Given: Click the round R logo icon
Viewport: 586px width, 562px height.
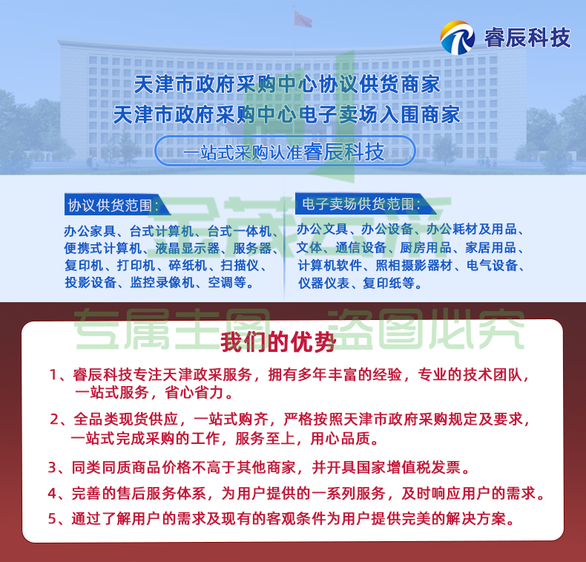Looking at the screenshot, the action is coord(458,37).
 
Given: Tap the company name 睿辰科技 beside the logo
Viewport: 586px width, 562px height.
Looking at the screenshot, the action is coord(527,37).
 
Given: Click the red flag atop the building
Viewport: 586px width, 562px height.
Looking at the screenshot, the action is coord(303,19).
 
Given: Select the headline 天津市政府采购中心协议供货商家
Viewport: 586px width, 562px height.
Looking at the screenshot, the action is coord(287,84).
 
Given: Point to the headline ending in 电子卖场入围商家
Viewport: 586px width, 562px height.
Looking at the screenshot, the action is coord(287,114).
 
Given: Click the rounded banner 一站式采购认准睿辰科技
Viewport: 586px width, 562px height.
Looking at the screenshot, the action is coord(285,151).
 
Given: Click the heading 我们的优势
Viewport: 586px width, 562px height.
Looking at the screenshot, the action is coord(278,342).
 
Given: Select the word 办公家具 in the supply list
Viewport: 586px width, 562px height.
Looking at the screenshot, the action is coord(90,231).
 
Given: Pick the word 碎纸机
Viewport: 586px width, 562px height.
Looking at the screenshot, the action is coord(188,265).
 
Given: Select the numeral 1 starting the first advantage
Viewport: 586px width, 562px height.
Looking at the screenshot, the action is coord(53,375).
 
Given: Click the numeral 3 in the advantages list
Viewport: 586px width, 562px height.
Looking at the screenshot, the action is coord(52,468).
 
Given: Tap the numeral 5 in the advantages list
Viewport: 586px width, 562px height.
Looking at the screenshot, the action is coord(52,519).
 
